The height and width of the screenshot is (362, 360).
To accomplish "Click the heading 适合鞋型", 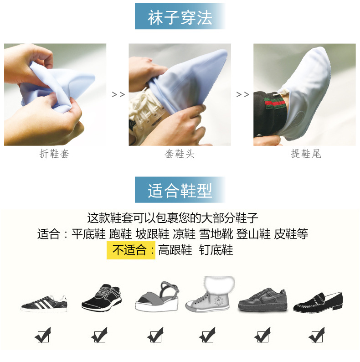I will (180, 191).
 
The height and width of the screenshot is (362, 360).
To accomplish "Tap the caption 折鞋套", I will (55, 154).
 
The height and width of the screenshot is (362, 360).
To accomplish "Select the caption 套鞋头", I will (180, 154).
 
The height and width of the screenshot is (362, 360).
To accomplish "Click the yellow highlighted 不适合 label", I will (131, 250).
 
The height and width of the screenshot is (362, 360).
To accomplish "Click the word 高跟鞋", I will (175, 250).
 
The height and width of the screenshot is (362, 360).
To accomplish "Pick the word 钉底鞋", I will (216, 250).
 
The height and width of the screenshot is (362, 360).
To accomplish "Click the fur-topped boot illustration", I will (209, 294).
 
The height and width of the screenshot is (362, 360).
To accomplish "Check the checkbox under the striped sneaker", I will (43, 336).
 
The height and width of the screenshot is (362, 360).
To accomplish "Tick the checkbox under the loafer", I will (316, 336).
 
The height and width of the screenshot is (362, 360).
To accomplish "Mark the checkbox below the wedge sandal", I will (155, 336).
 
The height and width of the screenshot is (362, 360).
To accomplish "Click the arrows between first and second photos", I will (118, 94).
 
